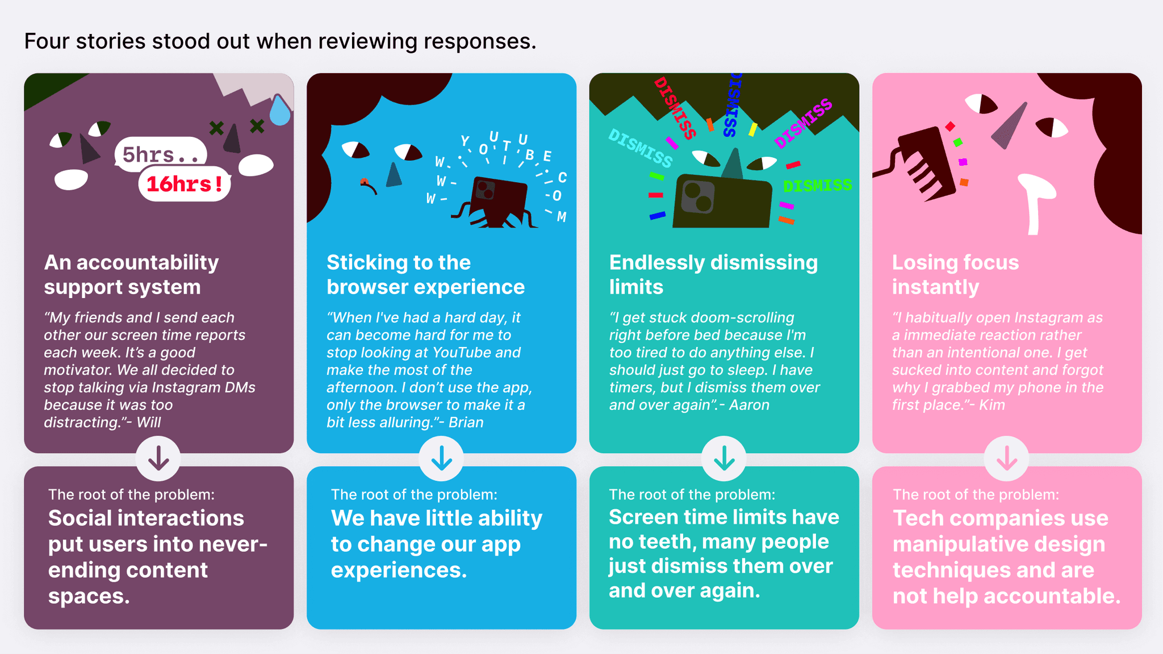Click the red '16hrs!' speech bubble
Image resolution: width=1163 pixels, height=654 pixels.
coord(185,184)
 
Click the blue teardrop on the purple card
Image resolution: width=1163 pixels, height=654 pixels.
coord(279,110)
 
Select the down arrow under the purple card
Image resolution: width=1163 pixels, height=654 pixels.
coord(158,458)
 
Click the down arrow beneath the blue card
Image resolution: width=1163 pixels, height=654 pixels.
coord(441,458)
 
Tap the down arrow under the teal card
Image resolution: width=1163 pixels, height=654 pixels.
coord(724,458)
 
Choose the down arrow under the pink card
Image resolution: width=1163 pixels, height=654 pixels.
coord(1007,458)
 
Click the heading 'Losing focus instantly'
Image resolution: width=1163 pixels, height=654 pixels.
coord(956,275)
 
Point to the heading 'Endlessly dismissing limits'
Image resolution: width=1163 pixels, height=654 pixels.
coord(713,275)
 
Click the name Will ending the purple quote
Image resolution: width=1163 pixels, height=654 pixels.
coord(149,422)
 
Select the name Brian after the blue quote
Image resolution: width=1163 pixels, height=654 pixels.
coord(466,422)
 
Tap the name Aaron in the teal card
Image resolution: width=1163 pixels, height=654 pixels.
coord(750,405)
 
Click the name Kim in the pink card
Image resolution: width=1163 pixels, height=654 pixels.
coord(992,405)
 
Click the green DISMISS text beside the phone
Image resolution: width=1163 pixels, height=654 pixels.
coord(818,186)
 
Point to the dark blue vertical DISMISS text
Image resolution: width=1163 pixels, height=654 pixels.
coord(733,105)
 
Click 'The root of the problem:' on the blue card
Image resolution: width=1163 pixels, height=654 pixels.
coord(414,494)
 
